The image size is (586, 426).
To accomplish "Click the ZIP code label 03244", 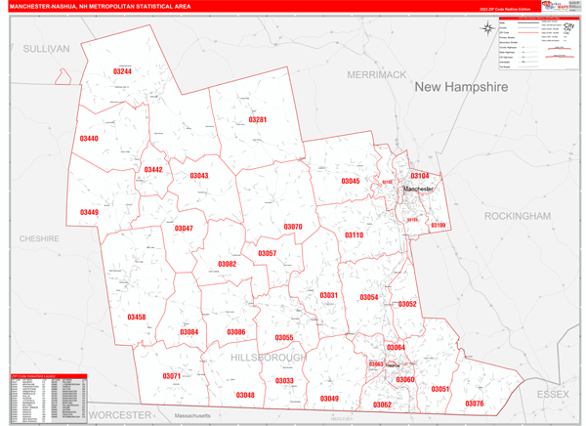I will tap(122, 71).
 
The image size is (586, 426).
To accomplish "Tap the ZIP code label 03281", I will tap(257, 119).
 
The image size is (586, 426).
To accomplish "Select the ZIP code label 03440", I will tap(89, 139).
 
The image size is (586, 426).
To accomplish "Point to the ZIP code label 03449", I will tap(89, 212).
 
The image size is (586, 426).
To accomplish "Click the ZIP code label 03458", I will tap(136, 317).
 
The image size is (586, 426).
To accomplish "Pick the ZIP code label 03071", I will tap(172, 376).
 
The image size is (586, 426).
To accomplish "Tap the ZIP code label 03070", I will tap(293, 227).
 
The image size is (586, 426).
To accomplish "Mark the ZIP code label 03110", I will tap(354, 235).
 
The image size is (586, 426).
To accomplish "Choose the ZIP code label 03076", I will tap(475, 403).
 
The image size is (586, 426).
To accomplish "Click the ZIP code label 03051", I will tap(440, 389).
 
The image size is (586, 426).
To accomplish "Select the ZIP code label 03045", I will tap(350, 181).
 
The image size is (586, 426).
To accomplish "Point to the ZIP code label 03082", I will tap(227, 264).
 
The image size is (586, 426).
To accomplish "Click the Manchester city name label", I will tap(418, 189).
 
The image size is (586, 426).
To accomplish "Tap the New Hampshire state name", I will tap(461, 87).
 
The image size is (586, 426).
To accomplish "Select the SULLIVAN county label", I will tap(47, 48).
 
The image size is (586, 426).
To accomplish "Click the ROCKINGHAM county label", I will tap(517, 215).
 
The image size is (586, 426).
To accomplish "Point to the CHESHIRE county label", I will tap(39, 238).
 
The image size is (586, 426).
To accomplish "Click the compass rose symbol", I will tap(488, 27).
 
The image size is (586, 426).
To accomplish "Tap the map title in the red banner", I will tap(100, 6).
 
